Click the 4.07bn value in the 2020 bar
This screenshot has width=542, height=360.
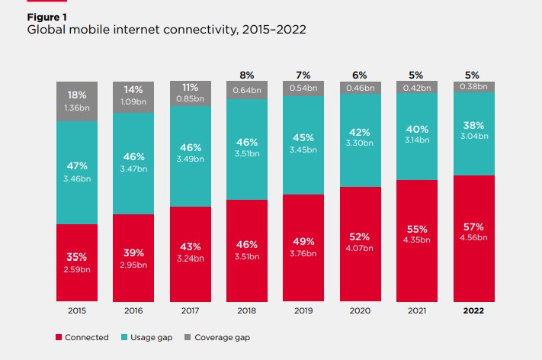(359, 247)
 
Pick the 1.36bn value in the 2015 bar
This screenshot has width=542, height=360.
(77, 108)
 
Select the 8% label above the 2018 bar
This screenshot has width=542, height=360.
(246, 76)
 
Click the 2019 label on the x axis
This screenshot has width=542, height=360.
(303, 311)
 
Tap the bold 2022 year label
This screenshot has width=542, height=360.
(472, 311)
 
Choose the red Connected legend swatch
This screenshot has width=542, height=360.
(59, 337)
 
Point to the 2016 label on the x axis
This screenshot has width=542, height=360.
(133, 311)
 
